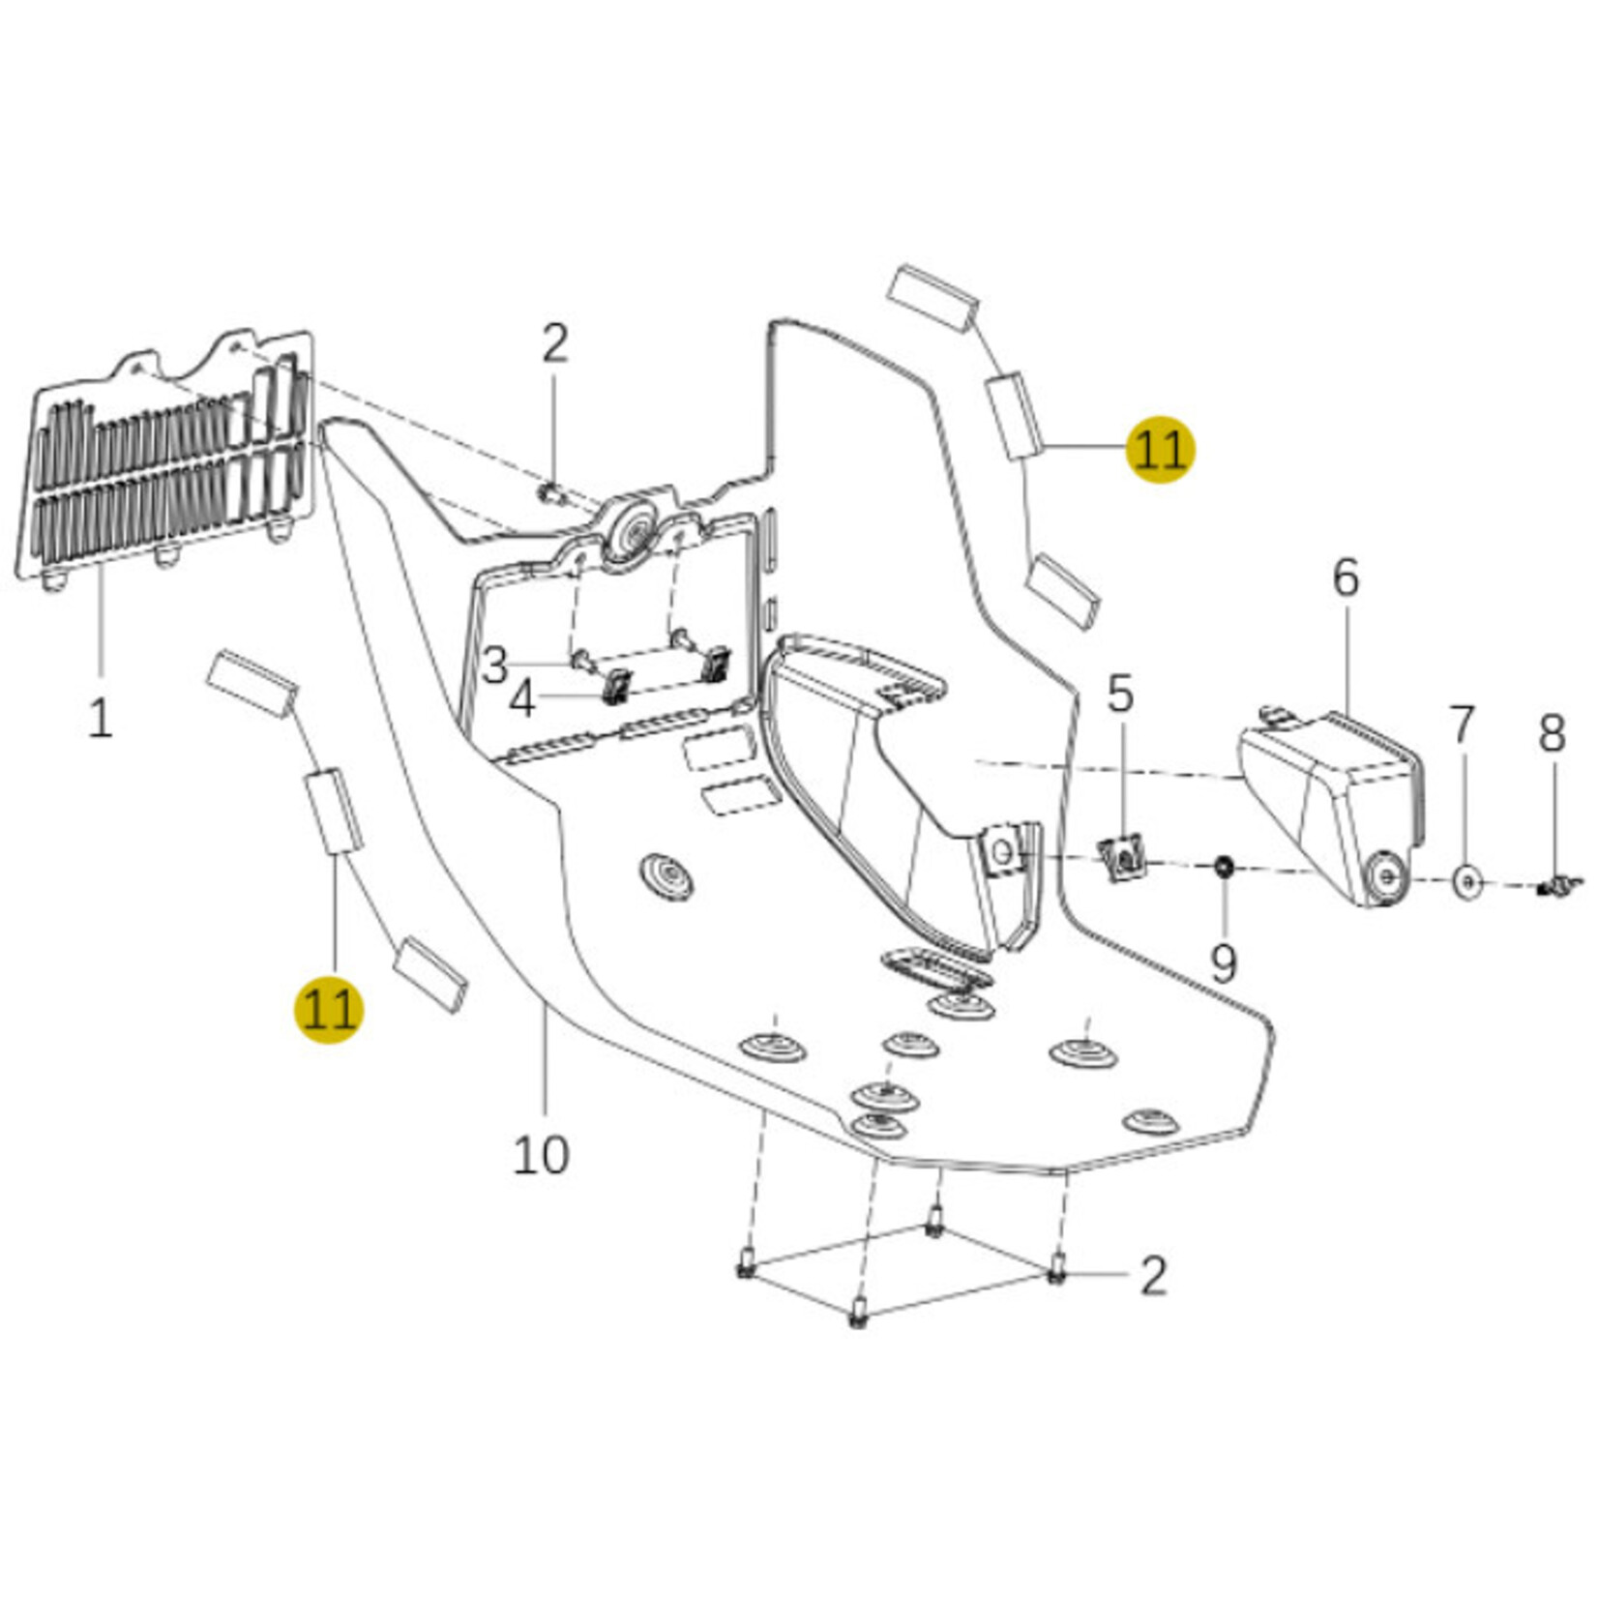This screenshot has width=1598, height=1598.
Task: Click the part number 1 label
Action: [100, 718]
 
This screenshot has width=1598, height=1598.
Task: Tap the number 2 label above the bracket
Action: [554, 343]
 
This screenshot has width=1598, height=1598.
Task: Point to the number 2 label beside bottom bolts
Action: [1153, 1276]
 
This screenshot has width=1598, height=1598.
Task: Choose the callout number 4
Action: [522, 699]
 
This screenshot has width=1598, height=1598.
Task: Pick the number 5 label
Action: [1119, 694]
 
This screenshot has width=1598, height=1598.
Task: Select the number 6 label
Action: [1346, 577]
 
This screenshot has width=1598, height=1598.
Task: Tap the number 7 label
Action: [1462, 725]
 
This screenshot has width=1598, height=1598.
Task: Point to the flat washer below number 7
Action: [1467, 881]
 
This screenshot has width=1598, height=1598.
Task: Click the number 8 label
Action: [1552, 733]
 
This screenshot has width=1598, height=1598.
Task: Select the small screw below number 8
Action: [1555, 884]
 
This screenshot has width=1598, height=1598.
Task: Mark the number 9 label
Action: [1224, 963]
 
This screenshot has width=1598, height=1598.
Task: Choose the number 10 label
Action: [540, 1154]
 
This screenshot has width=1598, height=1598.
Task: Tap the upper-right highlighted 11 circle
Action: [1160, 449]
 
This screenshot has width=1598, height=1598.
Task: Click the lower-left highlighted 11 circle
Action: [329, 1010]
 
